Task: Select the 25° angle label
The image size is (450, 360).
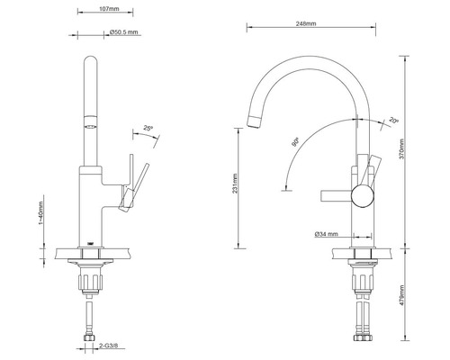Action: pos(148,128)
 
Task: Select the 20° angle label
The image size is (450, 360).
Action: pos(393,121)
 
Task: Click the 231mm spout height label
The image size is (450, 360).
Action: pos(237,184)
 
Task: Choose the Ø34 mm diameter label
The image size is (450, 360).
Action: pos(326,234)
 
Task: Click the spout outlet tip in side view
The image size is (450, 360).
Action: pos(254,117)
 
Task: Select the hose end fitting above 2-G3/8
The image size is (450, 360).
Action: pos(92,338)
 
